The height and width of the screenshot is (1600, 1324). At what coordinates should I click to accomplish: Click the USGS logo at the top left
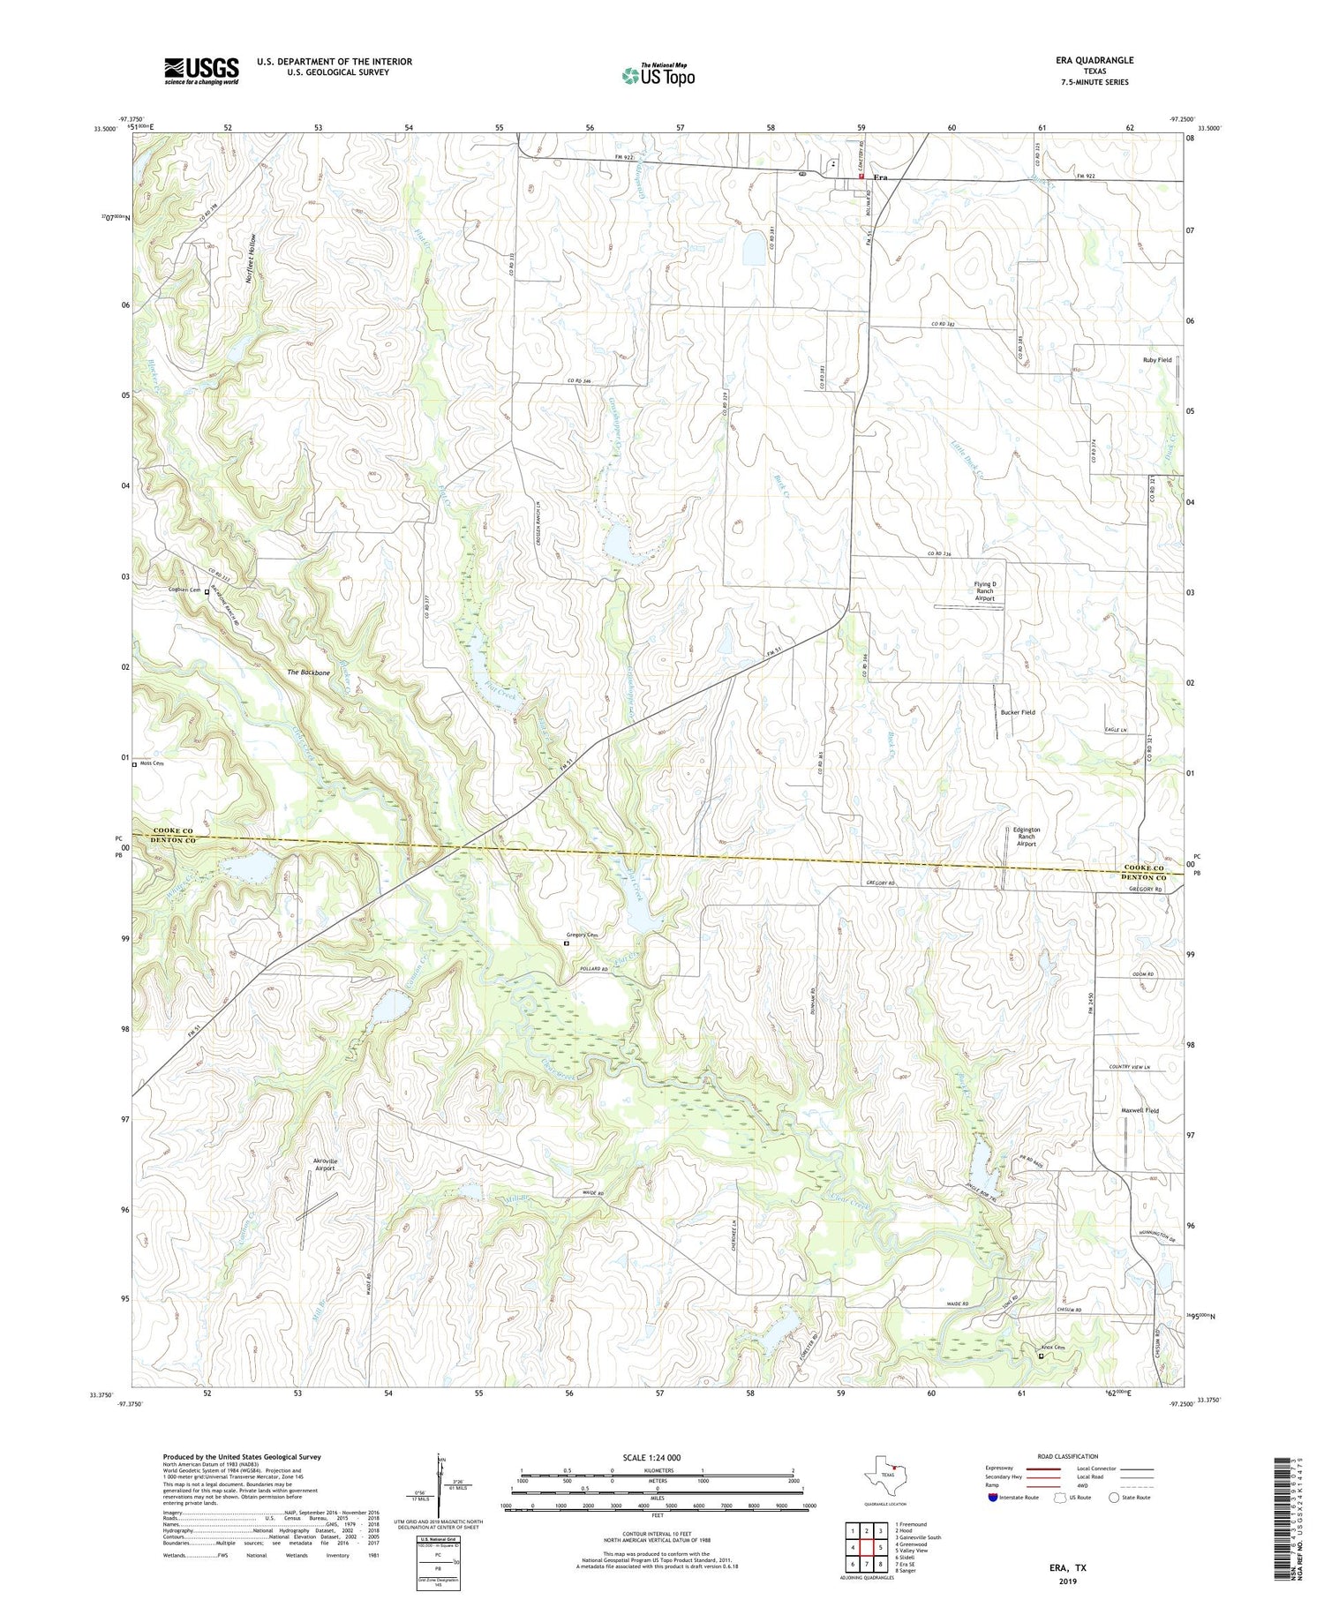click(x=201, y=71)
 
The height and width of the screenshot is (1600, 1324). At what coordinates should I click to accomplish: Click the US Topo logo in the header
click(x=658, y=76)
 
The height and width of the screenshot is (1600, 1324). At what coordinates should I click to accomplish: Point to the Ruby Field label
click(x=1157, y=360)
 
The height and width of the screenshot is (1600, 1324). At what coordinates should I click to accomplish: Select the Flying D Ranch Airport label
click(x=984, y=591)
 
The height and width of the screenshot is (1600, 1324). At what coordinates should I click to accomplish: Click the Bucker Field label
click(x=1018, y=712)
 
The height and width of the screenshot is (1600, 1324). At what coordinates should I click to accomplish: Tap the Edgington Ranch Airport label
click(x=1026, y=837)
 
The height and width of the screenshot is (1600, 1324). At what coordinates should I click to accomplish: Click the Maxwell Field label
click(x=1140, y=1111)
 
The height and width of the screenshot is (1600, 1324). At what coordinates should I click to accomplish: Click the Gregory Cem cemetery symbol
click(x=567, y=943)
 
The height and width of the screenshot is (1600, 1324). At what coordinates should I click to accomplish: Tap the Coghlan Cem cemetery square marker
click(x=207, y=592)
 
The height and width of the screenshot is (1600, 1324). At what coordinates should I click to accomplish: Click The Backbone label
click(x=308, y=672)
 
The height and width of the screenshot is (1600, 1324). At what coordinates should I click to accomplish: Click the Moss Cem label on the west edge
click(x=152, y=764)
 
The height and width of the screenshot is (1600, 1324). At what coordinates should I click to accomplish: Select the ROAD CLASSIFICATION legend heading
click(x=1068, y=1456)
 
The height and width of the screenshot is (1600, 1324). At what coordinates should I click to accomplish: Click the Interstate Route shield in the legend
click(x=995, y=1498)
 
